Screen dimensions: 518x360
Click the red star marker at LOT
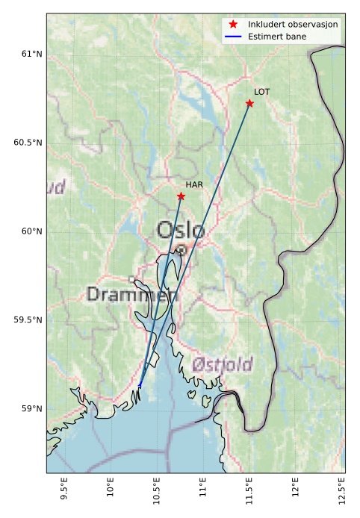[249, 103]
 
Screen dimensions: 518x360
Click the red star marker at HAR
[181, 196]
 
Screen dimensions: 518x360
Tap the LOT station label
[261, 92]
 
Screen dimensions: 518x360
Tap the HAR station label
[194, 184]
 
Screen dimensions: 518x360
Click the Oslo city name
[180, 231]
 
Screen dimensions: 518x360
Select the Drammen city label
[132, 295]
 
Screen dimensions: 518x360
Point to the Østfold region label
[222, 365]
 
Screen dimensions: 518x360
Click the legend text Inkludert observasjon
[293, 25]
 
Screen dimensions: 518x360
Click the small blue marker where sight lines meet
[140, 384]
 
